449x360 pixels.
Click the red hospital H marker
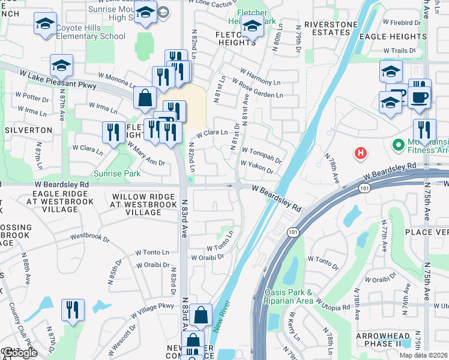(x=360, y=153)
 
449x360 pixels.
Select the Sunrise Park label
(x=117, y=173)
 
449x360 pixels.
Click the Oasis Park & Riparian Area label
(x=288, y=296)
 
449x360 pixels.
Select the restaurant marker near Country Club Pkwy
(x=73, y=310)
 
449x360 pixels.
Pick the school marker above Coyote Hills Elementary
(x=45, y=24)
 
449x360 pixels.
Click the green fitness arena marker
(x=397, y=145)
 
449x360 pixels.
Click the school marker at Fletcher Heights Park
(x=253, y=27)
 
